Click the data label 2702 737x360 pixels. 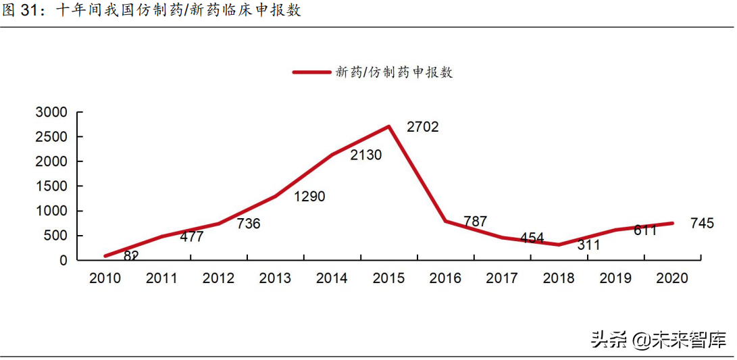(x=422, y=126)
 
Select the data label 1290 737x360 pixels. (x=309, y=197)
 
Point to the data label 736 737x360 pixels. (x=249, y=224)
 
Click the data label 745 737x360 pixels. (x=702, y=224)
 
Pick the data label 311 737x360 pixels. (x=588, y=245)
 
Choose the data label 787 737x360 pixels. (x=475, y=222)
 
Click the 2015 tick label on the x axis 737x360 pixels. (x=388, y=278)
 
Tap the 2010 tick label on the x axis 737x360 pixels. (x=105, y=278)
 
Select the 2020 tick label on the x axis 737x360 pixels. (x=672, y=278)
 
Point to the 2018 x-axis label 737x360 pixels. (x=559, y=278)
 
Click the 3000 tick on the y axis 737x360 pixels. (x=51, y=112)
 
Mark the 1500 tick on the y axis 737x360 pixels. (x=51, y=186)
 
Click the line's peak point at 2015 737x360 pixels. (x=389, y=126)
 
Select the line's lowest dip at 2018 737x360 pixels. (x=559, y=245)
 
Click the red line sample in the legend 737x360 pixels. (x=311, y=72)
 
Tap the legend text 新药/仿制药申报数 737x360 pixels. (x=394, y=72)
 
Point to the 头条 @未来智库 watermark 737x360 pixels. (x=658, y=339)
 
